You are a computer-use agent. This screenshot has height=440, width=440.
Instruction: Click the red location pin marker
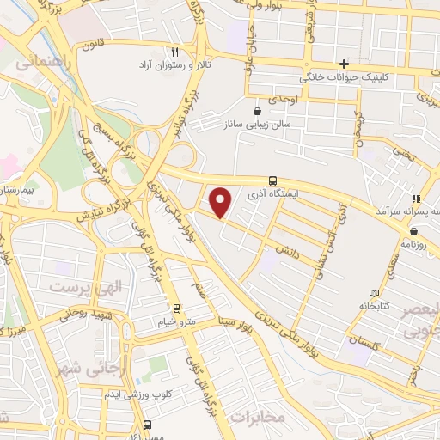(222, 202)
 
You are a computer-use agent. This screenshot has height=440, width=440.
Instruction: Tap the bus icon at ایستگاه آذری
(272, 180)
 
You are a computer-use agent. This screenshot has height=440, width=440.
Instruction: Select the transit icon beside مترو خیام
(177, 308)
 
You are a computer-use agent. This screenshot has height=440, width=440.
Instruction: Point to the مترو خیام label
(177, 321)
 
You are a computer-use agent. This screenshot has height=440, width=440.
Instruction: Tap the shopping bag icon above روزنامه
(413, 231)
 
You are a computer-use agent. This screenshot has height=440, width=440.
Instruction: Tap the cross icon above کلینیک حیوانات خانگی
(344, 64)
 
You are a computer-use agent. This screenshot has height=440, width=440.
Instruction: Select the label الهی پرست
(85, 286)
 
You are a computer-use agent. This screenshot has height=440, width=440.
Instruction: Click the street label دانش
(286, 247)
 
